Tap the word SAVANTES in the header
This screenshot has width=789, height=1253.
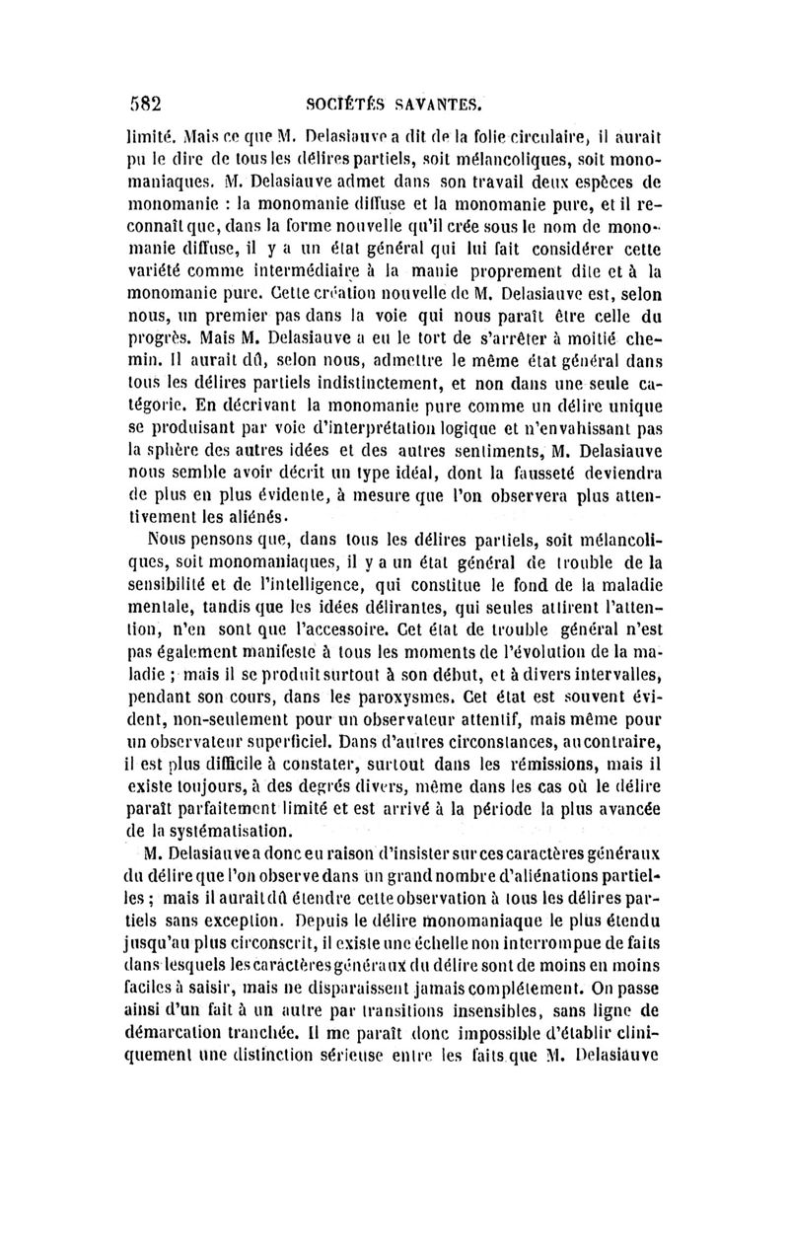[431, 101]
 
